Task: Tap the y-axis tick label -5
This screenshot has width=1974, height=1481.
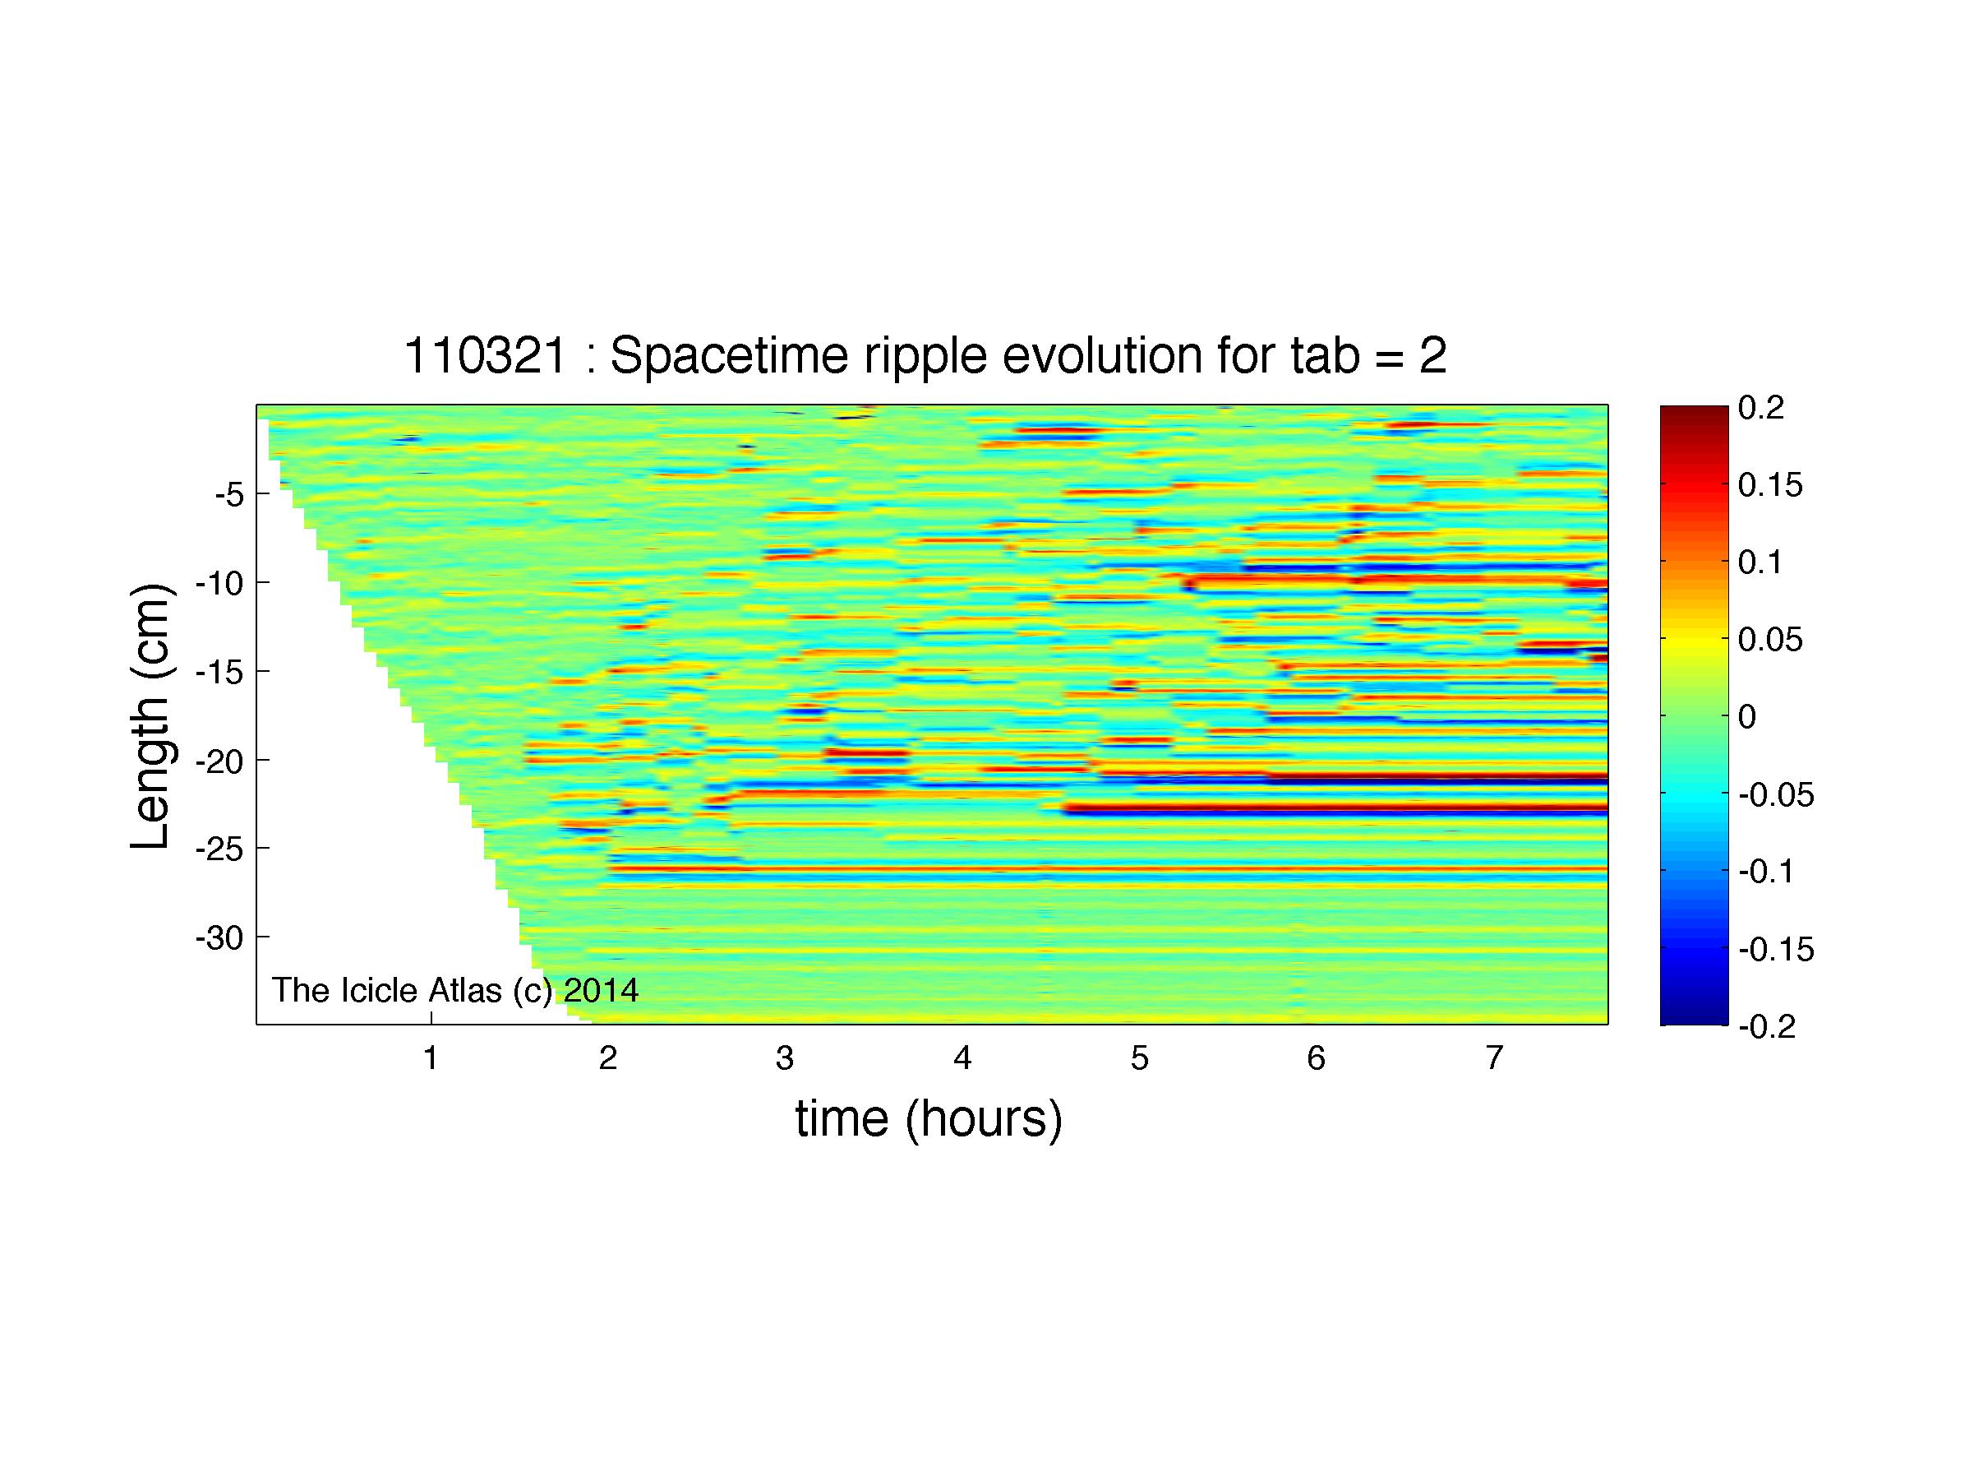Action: pos(229,493)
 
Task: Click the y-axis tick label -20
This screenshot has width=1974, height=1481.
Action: pos(219,761)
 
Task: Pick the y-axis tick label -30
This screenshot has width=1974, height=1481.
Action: pos(219,937)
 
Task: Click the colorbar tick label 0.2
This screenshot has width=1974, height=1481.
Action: pos(1760,408)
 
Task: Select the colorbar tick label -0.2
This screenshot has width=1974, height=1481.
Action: pos(1766,1026)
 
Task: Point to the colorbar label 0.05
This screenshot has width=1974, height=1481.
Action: pos(1769,639)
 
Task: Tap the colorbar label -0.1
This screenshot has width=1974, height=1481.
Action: pos(1766,872)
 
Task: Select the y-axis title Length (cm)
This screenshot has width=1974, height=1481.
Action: pos(150,717)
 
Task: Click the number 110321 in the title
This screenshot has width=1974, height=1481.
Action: pos(486,355)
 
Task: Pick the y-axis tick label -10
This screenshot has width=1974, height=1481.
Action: pos(219,583)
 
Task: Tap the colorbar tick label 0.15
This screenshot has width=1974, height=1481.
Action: pos(1769,486)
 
